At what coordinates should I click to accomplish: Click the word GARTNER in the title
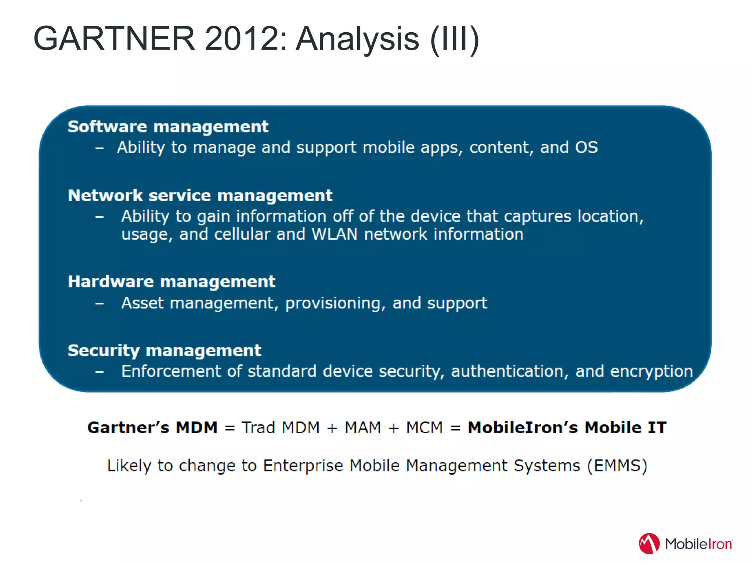click(x=114, y=39)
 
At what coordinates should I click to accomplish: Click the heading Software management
click(x=168, y=127)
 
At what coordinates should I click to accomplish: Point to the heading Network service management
click(x=200, y=195)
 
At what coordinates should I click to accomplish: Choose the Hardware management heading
click(x=171, y=282)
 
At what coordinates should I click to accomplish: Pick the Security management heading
click(x=164, y=350)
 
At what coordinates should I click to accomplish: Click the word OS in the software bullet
click(x=586, y=147)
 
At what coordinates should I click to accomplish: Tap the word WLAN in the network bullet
click(x=335, y=234)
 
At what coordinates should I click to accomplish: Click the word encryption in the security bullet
click(x=651, y=371)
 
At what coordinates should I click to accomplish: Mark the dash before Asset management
click(x=100, y=304)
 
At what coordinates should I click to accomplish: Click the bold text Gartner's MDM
click(x=152, y=428)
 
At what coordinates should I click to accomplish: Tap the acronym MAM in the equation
click(x=363, y=428)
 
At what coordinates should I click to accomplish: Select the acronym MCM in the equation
click(x=424, y=428)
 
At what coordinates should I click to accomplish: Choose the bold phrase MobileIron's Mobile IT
click(x=567, y=428)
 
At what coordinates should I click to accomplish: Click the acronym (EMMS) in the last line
click(x=617, y=466)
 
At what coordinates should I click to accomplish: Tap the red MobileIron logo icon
click(x=649, y=543)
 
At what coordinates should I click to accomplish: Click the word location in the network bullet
click(x=610, y=216)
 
